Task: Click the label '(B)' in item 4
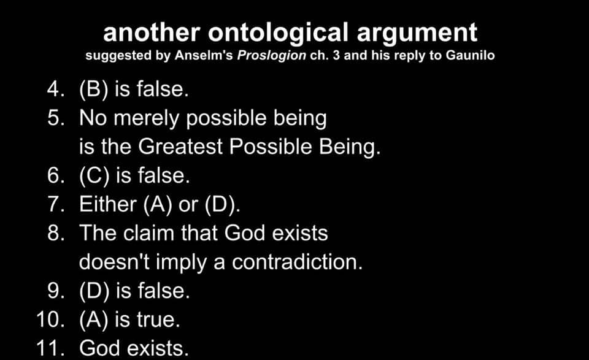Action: [93, 90]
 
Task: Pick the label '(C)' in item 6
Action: [94, 176]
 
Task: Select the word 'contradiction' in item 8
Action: [298, 262]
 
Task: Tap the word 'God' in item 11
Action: [99, 348]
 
